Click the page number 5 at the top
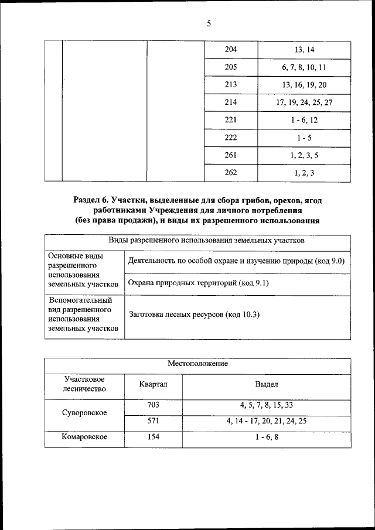point(209,23)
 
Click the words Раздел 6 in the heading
point(91,200)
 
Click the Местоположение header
point(197,364)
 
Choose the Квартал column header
point(153,384)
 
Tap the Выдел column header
point(267,384)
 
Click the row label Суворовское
point(84,412)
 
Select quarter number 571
point(153,420)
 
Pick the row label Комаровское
point(84,437)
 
